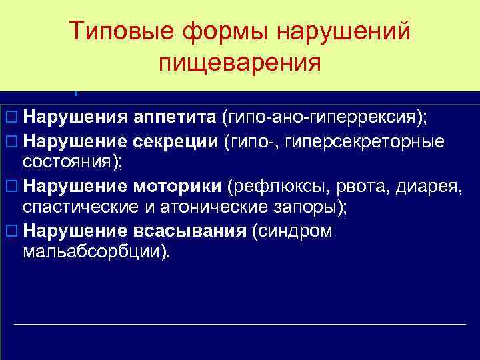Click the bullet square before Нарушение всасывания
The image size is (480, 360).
(9, 231)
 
